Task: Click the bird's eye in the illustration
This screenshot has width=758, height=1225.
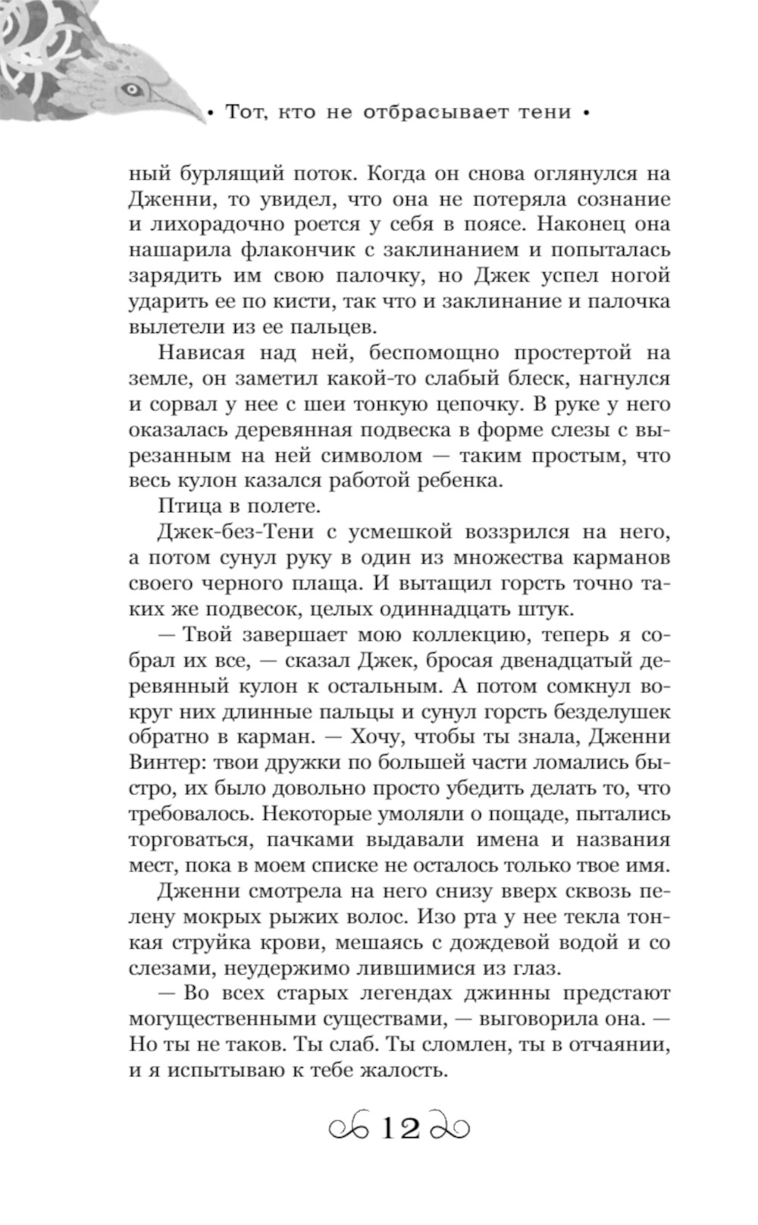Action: point(132,89)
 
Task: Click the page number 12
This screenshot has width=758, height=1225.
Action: point(400,1129)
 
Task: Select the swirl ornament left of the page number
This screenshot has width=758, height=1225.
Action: point(349,1129)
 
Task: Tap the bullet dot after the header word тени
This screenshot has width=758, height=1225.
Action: point(584,114)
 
